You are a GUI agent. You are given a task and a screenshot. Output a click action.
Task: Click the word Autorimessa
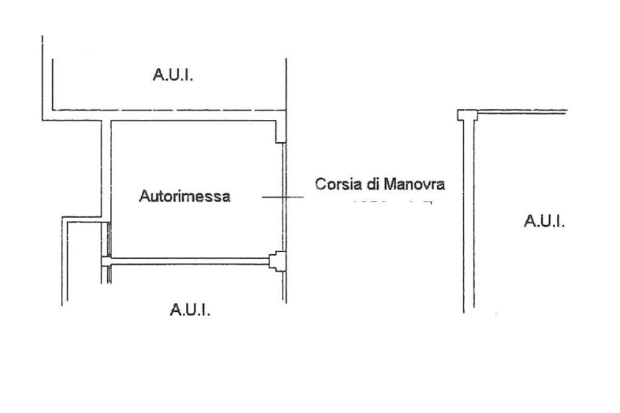tap(185, 197)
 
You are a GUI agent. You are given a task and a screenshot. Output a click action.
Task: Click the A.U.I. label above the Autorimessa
tap(173, 76)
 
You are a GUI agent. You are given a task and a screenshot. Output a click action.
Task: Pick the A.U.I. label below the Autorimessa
tap(190, 310)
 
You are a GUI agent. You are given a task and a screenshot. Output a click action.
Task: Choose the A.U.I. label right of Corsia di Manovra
tap(544, 222)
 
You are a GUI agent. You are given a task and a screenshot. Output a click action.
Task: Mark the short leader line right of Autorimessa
tap(282, 197)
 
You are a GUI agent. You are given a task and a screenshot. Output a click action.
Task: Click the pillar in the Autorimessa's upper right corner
tap(280, 131)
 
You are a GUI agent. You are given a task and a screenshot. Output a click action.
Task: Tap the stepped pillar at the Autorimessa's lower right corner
tap(277, 261)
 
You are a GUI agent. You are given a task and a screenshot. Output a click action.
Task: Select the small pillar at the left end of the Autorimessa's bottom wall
tap(106, 262)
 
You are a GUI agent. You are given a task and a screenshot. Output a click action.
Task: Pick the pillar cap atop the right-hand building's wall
tap(467, 114)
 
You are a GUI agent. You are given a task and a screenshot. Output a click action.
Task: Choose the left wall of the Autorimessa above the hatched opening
tap(107, 170)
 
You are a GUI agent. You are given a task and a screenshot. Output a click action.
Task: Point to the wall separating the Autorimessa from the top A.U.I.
tap(194, 115)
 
